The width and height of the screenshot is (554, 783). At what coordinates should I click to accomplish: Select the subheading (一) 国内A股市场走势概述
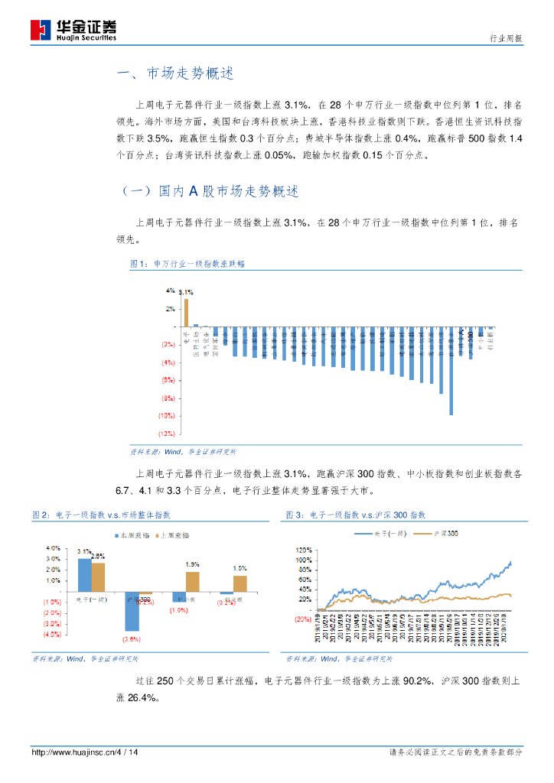pyautogui.click(x=210, y=191)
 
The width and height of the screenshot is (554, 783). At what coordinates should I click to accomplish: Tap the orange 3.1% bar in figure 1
pyautogui.click(x=186, y=313)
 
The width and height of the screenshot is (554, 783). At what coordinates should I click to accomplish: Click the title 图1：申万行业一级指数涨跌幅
pyautogui.click(x=187, y=265)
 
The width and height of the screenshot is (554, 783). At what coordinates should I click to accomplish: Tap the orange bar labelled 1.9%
pyautogui.click(x=192, y=582)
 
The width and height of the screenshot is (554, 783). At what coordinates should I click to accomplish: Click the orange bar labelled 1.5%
pyautogui.click(x=240, y=583)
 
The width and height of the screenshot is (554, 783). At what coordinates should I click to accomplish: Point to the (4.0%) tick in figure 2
pyautogui.click(x=52, y=635)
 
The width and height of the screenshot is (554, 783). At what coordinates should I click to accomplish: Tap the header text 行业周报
pyautogui.click(x=506, y=38)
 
